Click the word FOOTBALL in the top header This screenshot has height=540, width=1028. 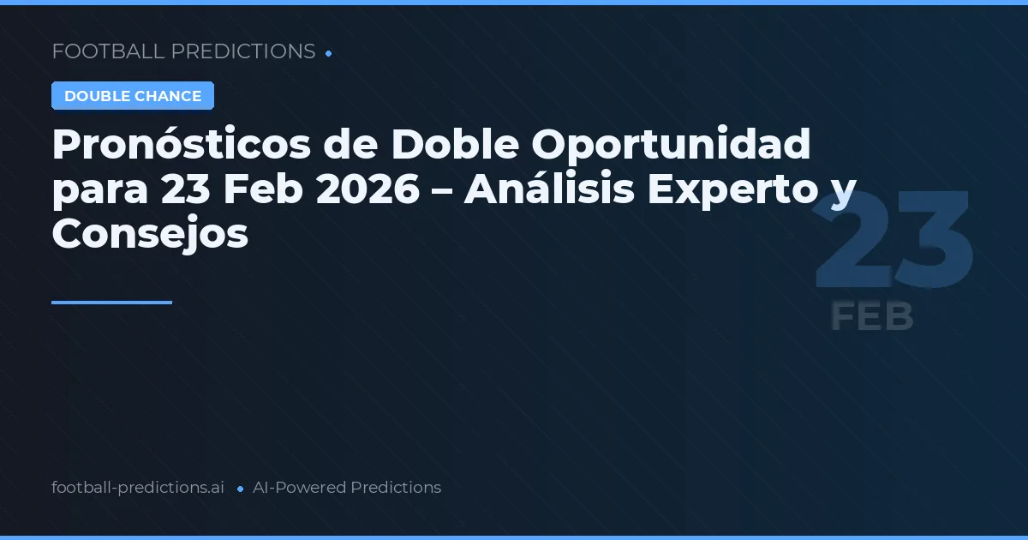click(108, 51)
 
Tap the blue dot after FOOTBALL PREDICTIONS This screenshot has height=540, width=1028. click(329, 53)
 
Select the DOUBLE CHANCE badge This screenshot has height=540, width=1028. click(133, 96)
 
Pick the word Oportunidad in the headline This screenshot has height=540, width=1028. click(671, 146)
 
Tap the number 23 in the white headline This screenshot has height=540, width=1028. click(185, 189)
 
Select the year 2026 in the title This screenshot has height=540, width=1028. click(368, 189)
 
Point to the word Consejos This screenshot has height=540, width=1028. click(150, 233)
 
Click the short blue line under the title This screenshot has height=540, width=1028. click(111, 303)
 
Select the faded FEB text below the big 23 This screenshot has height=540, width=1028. click(872, 317)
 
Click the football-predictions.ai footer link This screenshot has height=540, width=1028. click(138, 488)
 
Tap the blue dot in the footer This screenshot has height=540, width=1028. click(239, 489)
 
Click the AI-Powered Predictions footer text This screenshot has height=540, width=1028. click(347, 488)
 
